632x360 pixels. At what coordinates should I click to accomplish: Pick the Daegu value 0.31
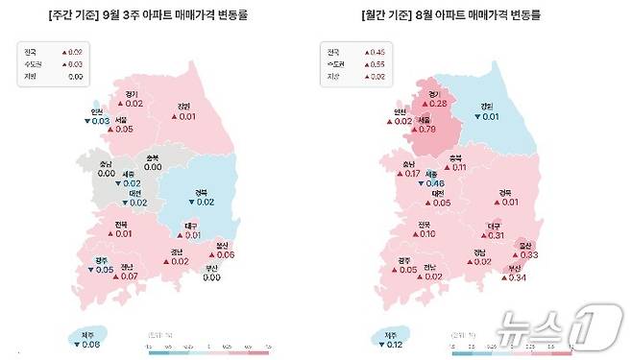497,235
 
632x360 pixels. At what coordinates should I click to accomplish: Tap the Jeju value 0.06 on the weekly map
91,343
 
